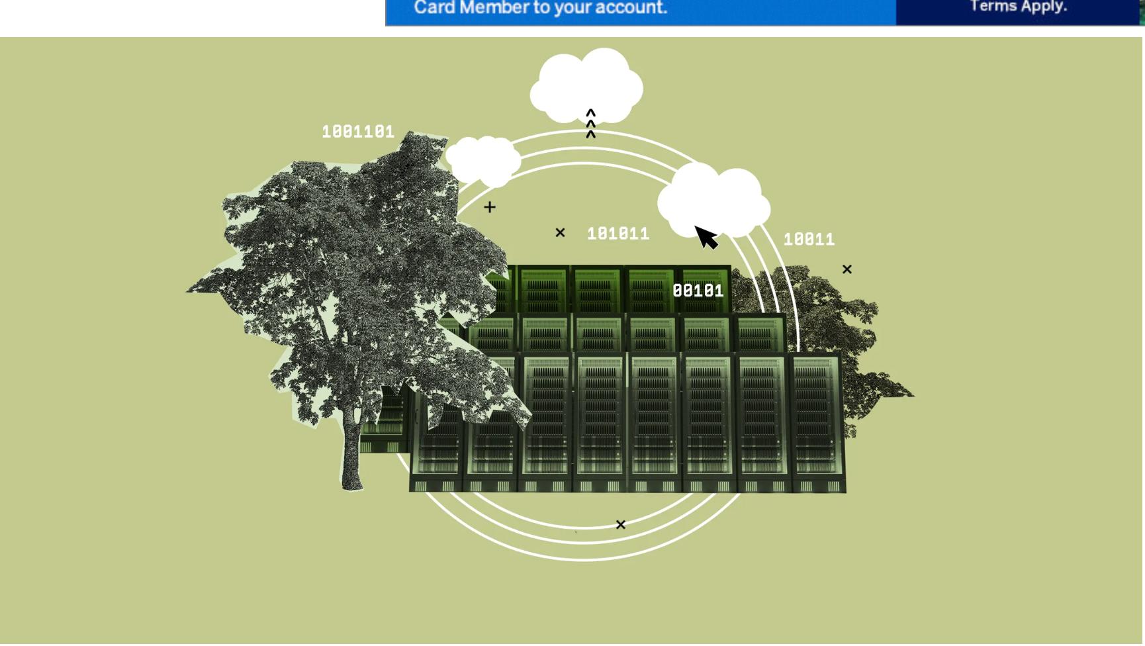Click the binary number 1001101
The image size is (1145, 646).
pos(358,132)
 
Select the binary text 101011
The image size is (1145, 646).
pos(618,234)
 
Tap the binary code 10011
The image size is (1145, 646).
pos(809,240)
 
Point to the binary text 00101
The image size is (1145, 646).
pos(698,291)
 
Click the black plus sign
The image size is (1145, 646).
pos(490,207)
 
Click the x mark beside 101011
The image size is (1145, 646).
pos(560,232)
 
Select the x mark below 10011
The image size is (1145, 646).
pos(847,269)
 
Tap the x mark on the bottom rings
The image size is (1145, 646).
pos(620,525)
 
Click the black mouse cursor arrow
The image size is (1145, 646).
pos(706,237)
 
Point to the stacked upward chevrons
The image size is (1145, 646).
pos(591,124)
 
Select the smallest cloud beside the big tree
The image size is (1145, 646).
pos(483,160)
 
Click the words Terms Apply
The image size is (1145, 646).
pos(1018,7)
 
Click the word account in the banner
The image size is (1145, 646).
pos(631,8)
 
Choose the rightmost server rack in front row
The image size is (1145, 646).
pos(817,424)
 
